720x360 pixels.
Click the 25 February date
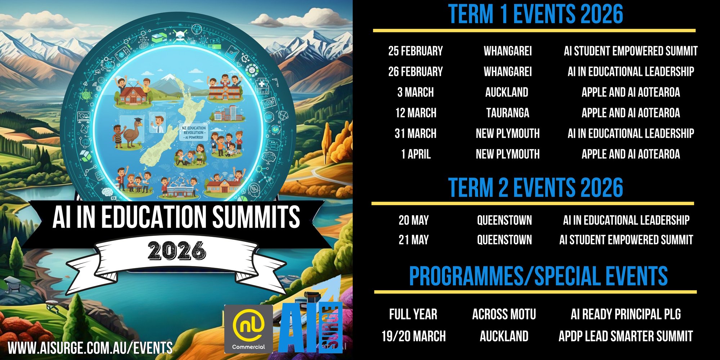[x=415, y=51]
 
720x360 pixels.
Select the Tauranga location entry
[x=508, y=113]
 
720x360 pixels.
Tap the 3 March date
[x=415, y=93]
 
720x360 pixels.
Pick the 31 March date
[x=415, y=134]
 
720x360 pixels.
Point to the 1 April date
[x=416, y=154]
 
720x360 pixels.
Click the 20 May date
[x=414, y=220]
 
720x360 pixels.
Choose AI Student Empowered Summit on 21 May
[x=626, y=240]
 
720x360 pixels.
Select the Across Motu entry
[x=504, y=314]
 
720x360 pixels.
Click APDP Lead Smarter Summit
[x=626, y=336]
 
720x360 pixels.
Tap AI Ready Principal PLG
[x=626, y=314]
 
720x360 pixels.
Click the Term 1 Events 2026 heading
[x=535, y=14]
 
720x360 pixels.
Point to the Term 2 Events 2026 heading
[x=535, y=188]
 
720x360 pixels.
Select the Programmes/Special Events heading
[x=538, y=276]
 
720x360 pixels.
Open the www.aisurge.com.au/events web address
[x=90, y=348]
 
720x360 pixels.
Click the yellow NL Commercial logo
[x=248, y=329]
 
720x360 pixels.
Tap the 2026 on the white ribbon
[x=177, y=251]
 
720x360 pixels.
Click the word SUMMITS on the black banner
[x=256, y=217]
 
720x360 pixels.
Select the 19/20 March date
[x=414, y=336]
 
